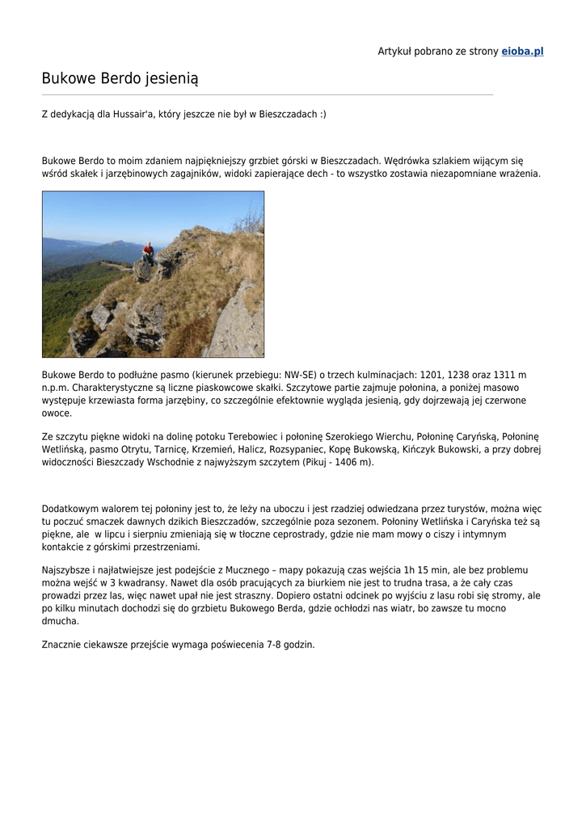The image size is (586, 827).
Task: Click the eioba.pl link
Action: (522, 52)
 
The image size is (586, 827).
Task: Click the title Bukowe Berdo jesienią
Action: (120, 78)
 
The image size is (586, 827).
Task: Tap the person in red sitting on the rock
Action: (148, 253)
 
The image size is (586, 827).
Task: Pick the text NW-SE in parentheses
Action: (300, 375)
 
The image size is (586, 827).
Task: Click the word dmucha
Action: (61, 622)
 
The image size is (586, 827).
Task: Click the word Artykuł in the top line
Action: (395, 52)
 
